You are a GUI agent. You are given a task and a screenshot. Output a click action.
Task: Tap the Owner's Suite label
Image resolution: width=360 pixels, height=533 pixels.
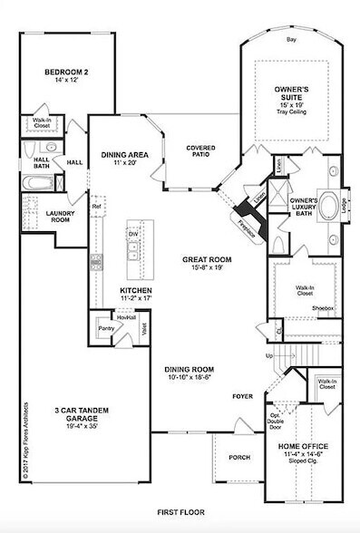(x=292, y=91)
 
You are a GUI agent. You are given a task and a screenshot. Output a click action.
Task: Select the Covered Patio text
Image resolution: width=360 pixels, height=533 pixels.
(x=199, y=151)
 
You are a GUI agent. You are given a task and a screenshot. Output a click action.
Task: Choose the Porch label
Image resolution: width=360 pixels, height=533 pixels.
(x=241, y=457)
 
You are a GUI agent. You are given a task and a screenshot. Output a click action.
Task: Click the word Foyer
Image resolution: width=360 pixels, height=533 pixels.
(x=241, y=394)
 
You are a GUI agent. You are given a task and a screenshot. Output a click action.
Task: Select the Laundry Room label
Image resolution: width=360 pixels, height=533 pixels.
(x=34, y=216)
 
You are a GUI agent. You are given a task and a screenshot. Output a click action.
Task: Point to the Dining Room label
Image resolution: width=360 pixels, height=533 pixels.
(x=189, y=370)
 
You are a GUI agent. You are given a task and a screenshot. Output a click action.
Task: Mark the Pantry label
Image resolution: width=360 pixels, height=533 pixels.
(x=106, y=329)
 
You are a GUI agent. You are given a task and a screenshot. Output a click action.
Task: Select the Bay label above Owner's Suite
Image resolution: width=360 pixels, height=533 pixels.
(x=292, y=42)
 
